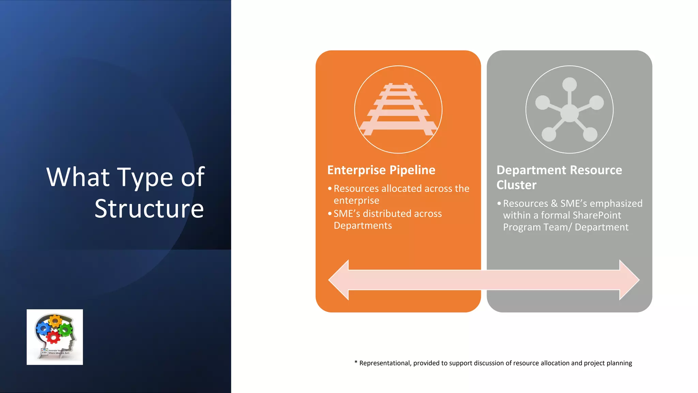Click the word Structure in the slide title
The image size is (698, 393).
coord(149,208)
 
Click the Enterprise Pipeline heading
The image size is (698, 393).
coord(381,170)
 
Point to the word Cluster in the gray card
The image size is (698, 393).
coord(516,185)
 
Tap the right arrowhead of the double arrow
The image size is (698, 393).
coord(629,280)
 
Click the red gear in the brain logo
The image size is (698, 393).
coord(53,337)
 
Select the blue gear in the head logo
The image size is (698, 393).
coord(43,329)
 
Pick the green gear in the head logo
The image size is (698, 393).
coord(65,330)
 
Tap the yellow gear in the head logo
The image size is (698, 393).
coord(55,321)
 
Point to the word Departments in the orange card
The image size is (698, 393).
coord(363,225)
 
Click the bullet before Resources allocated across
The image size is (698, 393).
coord(330,188)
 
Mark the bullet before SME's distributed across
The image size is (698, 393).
coord(330,214)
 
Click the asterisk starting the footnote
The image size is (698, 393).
coord(356,362)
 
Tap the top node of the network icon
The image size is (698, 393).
coord(570,84)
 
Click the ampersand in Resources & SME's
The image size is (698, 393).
coord(554,204)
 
